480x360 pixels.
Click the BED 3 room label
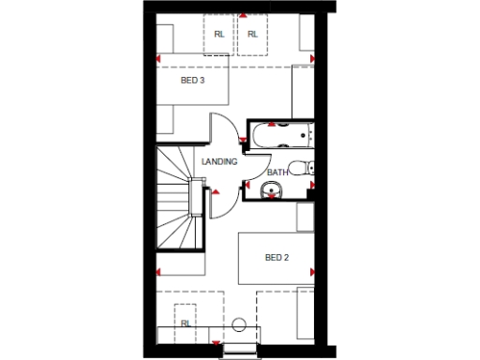coord(193,82)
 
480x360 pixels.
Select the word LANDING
coord(220,161)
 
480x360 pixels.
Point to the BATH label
coord(277,172)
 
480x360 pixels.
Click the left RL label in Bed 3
coord(219,35)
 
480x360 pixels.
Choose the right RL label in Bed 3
coord(252,35)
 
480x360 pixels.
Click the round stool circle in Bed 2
coord(239,324)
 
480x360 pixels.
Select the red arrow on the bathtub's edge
coord(272,124)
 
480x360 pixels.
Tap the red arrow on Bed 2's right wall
coord(310,271)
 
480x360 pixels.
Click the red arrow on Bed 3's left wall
coord(157,63)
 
